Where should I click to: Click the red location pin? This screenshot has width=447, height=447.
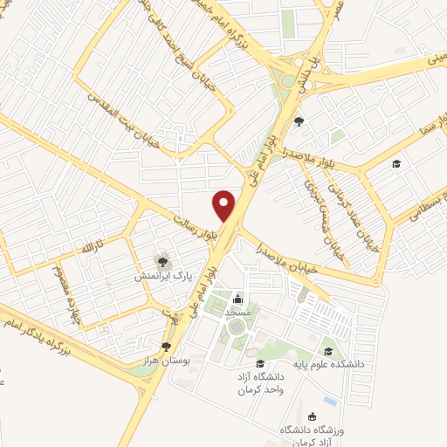click(x=225, y=206)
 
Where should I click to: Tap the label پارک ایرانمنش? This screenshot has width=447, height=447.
click(x=162, y=276)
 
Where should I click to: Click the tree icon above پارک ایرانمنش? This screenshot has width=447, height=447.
click(x=161, y=260)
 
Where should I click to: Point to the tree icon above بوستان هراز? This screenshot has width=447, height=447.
click(x=167, y=347)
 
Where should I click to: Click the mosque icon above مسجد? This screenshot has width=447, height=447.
click(x=237, y=299)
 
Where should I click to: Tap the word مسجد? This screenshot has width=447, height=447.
click(x=237, y=313)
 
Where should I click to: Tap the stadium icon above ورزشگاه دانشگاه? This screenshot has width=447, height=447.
click(x=314, y=417)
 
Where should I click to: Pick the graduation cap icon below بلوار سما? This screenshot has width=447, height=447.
click(x=395, y=164)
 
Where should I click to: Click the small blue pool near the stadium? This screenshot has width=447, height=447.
click(x=329, y=400)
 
